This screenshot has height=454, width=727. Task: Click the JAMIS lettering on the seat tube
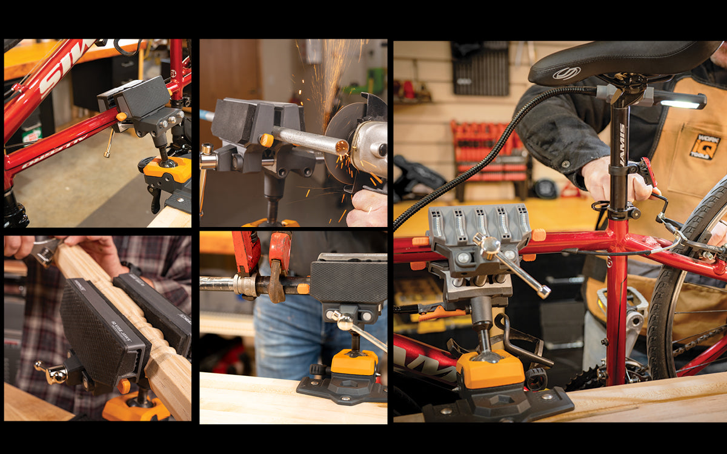pyautogui.click(x=622, y=145)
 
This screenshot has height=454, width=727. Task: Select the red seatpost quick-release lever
pyautogui.click(x=649, y=172)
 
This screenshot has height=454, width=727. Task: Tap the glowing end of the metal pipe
pyautogui.click(x=342, y=146)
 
